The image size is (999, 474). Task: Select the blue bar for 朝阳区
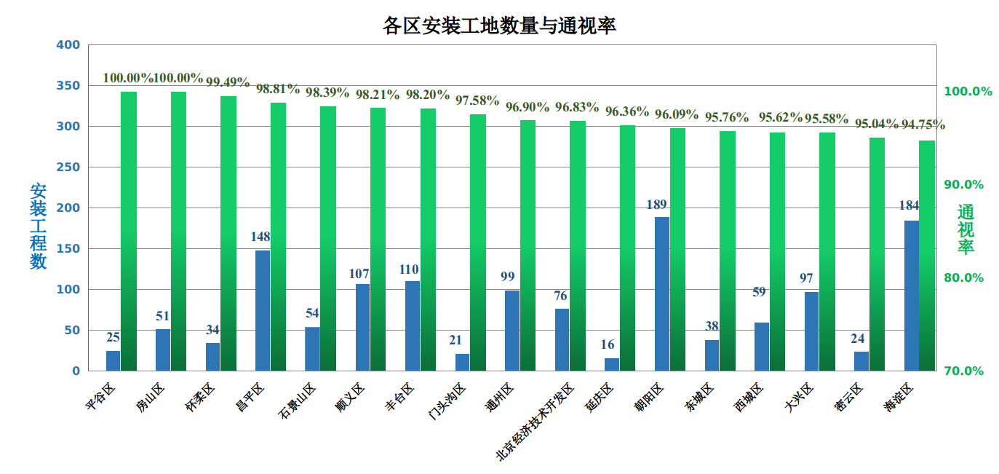pos(662,293)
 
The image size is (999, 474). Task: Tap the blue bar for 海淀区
pos(912,296)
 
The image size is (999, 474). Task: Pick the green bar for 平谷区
pos(129,231)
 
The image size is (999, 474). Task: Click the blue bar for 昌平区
pos(263,310)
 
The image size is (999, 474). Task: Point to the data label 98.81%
pos(277,90)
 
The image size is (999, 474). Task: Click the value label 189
pos(656,205)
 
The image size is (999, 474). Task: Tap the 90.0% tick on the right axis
pos(963,185)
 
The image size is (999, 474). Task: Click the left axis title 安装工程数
pos(39,226)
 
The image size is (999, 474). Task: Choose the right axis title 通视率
pos(965,229)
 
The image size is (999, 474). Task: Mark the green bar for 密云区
pos(877,253)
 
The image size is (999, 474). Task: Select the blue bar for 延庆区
pos(612,364)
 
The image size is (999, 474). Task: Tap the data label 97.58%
pos(477,101)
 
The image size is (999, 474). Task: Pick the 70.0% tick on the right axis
pos(963,371)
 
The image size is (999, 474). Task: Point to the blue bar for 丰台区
pos(413,325)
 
